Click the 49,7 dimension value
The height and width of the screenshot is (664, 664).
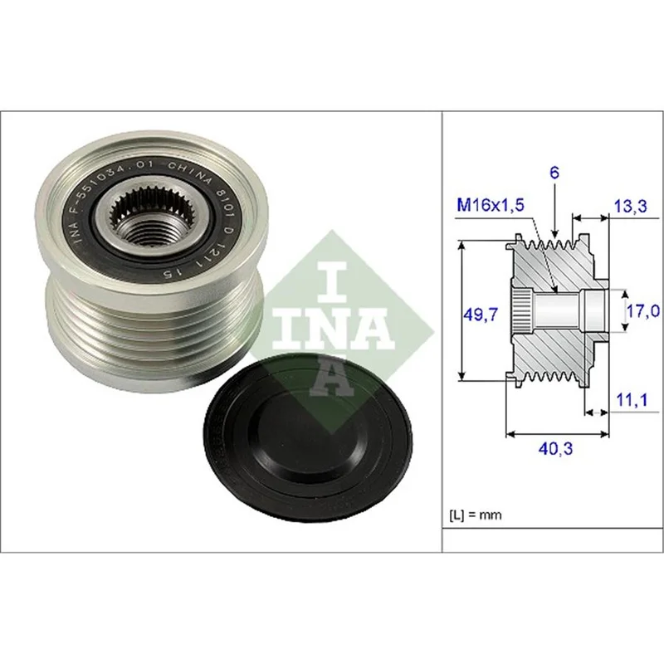[481, 315]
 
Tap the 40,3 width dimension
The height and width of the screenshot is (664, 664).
[555, 448]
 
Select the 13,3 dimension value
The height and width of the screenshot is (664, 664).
[631, 206]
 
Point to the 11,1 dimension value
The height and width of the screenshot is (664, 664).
[632, 400]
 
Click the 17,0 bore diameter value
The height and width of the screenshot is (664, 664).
[643, 311]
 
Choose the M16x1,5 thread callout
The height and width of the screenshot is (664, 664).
[491, 205]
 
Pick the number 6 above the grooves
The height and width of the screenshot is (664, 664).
[554, 173]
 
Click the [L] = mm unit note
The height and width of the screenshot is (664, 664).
[475, 515]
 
